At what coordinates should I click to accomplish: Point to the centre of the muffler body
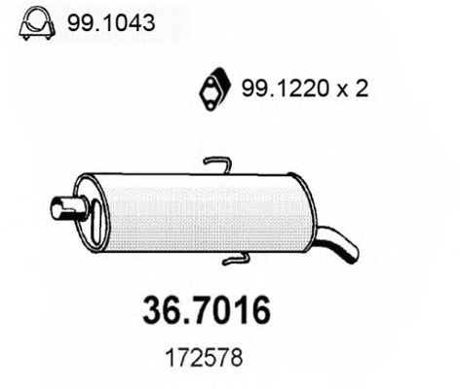click(x=210, y=214)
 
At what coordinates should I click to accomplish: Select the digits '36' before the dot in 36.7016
click(x=161, y=310)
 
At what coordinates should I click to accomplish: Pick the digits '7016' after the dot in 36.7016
click(x=229, y=310)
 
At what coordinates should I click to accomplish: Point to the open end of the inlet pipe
click(x=54, y=206)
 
